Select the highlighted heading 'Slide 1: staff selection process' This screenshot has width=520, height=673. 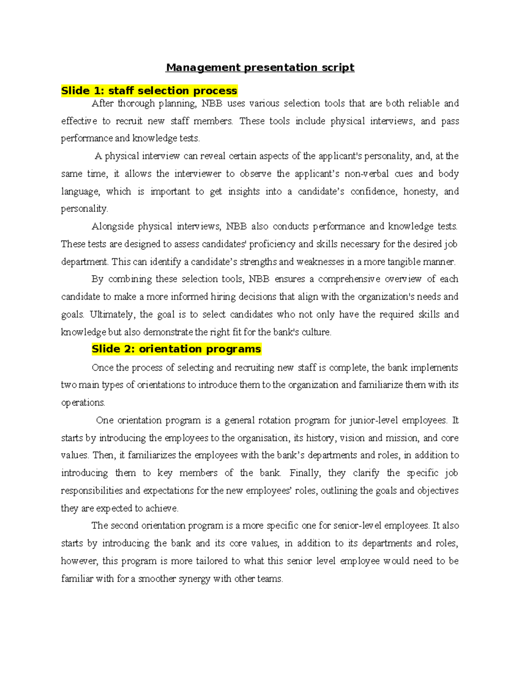coord(149,91)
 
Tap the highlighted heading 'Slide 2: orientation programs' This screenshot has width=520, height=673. coord(176,349)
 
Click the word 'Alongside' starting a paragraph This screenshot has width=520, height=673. coord(112,227)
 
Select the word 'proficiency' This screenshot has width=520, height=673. coord(273,244)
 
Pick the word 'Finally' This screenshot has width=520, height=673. coord(305,473)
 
